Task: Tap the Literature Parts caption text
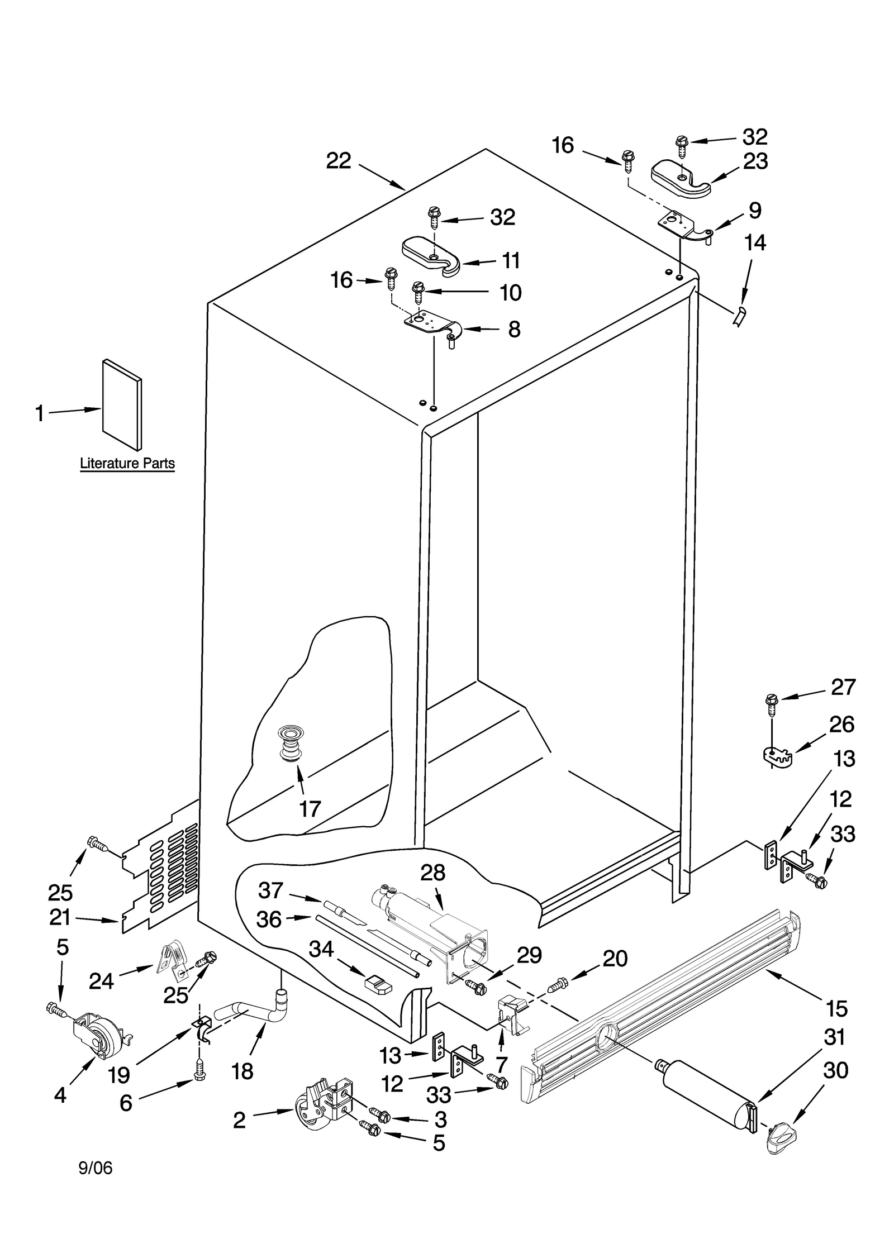127,463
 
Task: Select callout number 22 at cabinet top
339,161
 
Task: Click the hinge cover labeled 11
430,255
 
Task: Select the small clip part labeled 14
740,316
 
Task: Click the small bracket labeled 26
778,756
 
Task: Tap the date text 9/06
96,1183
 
